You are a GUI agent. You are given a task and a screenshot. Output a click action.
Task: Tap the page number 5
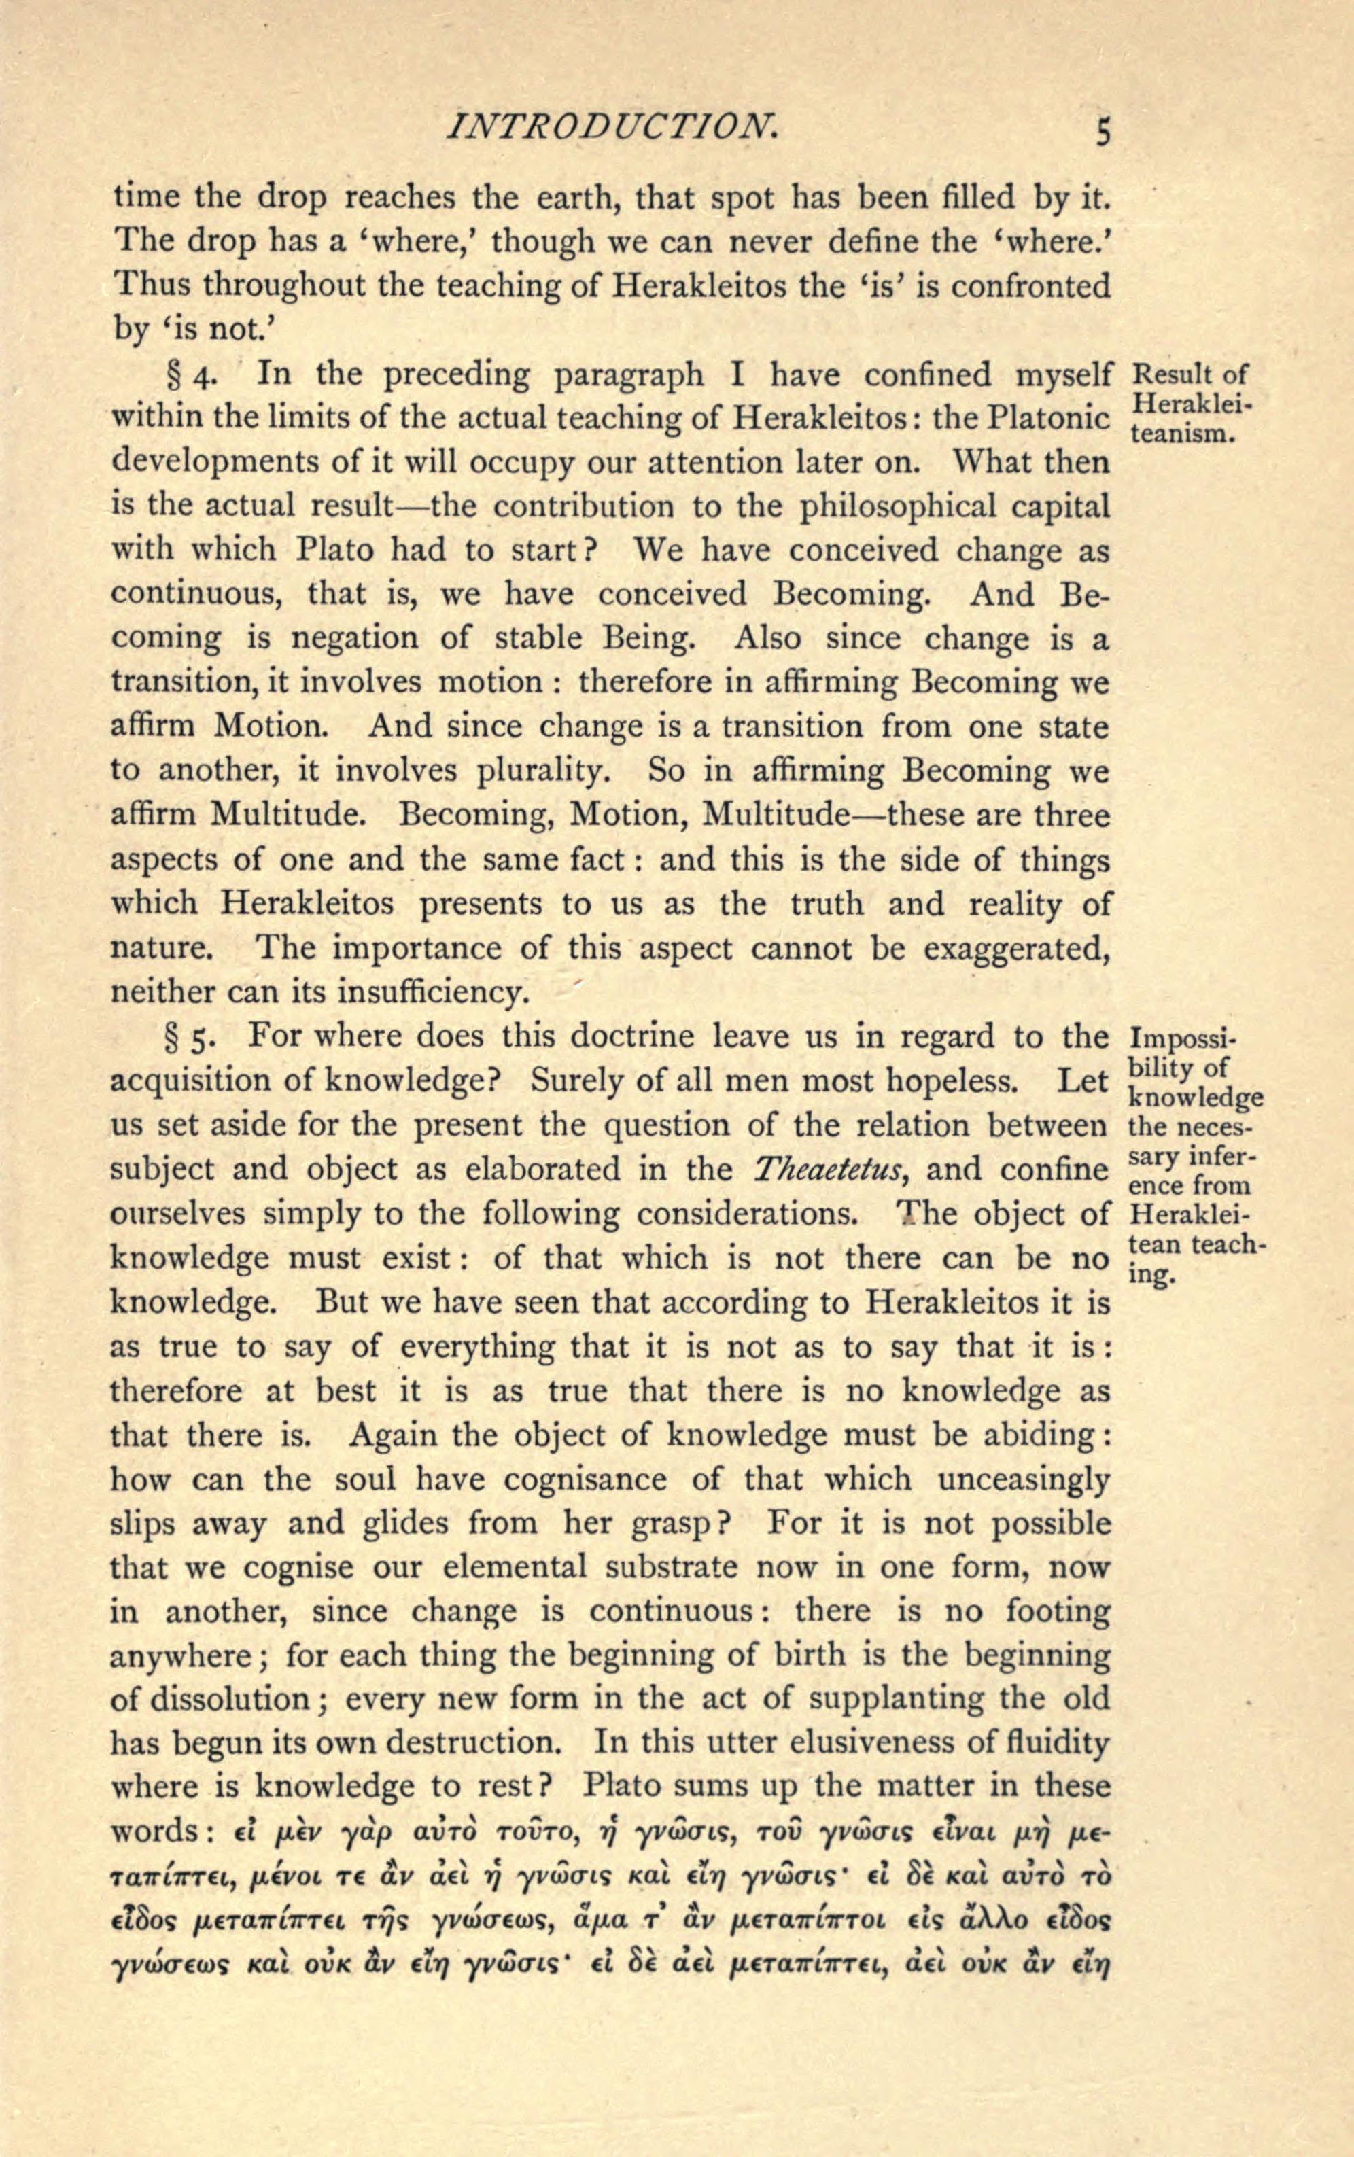point(1103,133)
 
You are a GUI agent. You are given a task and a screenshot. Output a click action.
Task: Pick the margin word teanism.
point(1184,437)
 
